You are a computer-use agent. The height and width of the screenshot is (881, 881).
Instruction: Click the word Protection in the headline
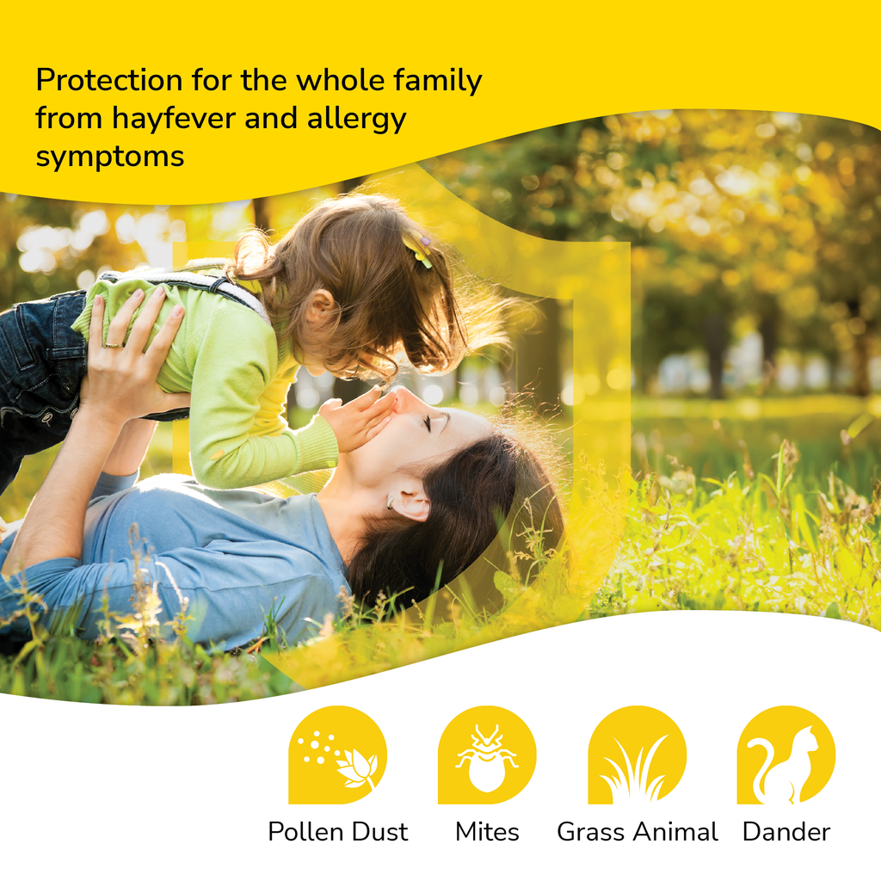pos(109,81)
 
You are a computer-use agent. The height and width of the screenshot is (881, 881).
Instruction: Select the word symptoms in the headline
pos(110,157)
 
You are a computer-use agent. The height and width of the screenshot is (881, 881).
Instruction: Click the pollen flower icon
pos(337,755)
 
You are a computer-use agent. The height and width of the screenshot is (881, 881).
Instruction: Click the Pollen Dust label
pos(337,832)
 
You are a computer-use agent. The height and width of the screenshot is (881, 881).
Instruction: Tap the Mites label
pos(487,832)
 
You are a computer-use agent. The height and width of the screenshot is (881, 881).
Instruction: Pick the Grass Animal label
pos(637,832)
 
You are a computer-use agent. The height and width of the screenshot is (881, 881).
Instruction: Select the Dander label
pos(786,832)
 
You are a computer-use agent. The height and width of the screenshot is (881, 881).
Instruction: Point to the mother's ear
pos(407,504)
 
